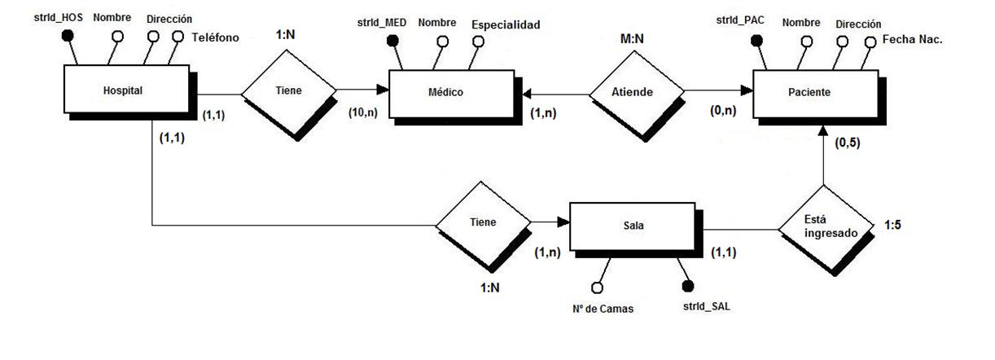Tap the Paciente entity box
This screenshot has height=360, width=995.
point(809,92)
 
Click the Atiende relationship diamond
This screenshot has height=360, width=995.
point(633,92)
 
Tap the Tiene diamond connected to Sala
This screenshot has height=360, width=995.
point(482,222)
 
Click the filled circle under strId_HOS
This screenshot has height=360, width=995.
point(68,35)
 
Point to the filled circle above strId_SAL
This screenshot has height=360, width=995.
point(687,286)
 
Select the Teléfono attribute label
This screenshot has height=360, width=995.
point(215,37)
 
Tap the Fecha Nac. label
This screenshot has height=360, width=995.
point(912,37)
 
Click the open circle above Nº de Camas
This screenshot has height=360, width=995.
point(597,287)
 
